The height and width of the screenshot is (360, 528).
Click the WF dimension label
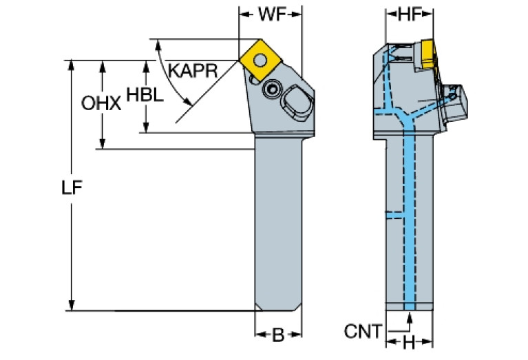click(271, 14)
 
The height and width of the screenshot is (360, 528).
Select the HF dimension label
click(409, 14)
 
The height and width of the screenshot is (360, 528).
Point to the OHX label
click(101, 104)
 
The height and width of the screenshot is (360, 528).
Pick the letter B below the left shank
click(278, 335)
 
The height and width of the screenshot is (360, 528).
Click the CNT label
click(363, 332)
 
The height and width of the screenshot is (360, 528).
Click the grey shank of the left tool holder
click(278, 220)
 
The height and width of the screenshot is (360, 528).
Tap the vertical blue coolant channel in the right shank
click(410, 220)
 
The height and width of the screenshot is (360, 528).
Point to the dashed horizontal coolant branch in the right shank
click(394, 215)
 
